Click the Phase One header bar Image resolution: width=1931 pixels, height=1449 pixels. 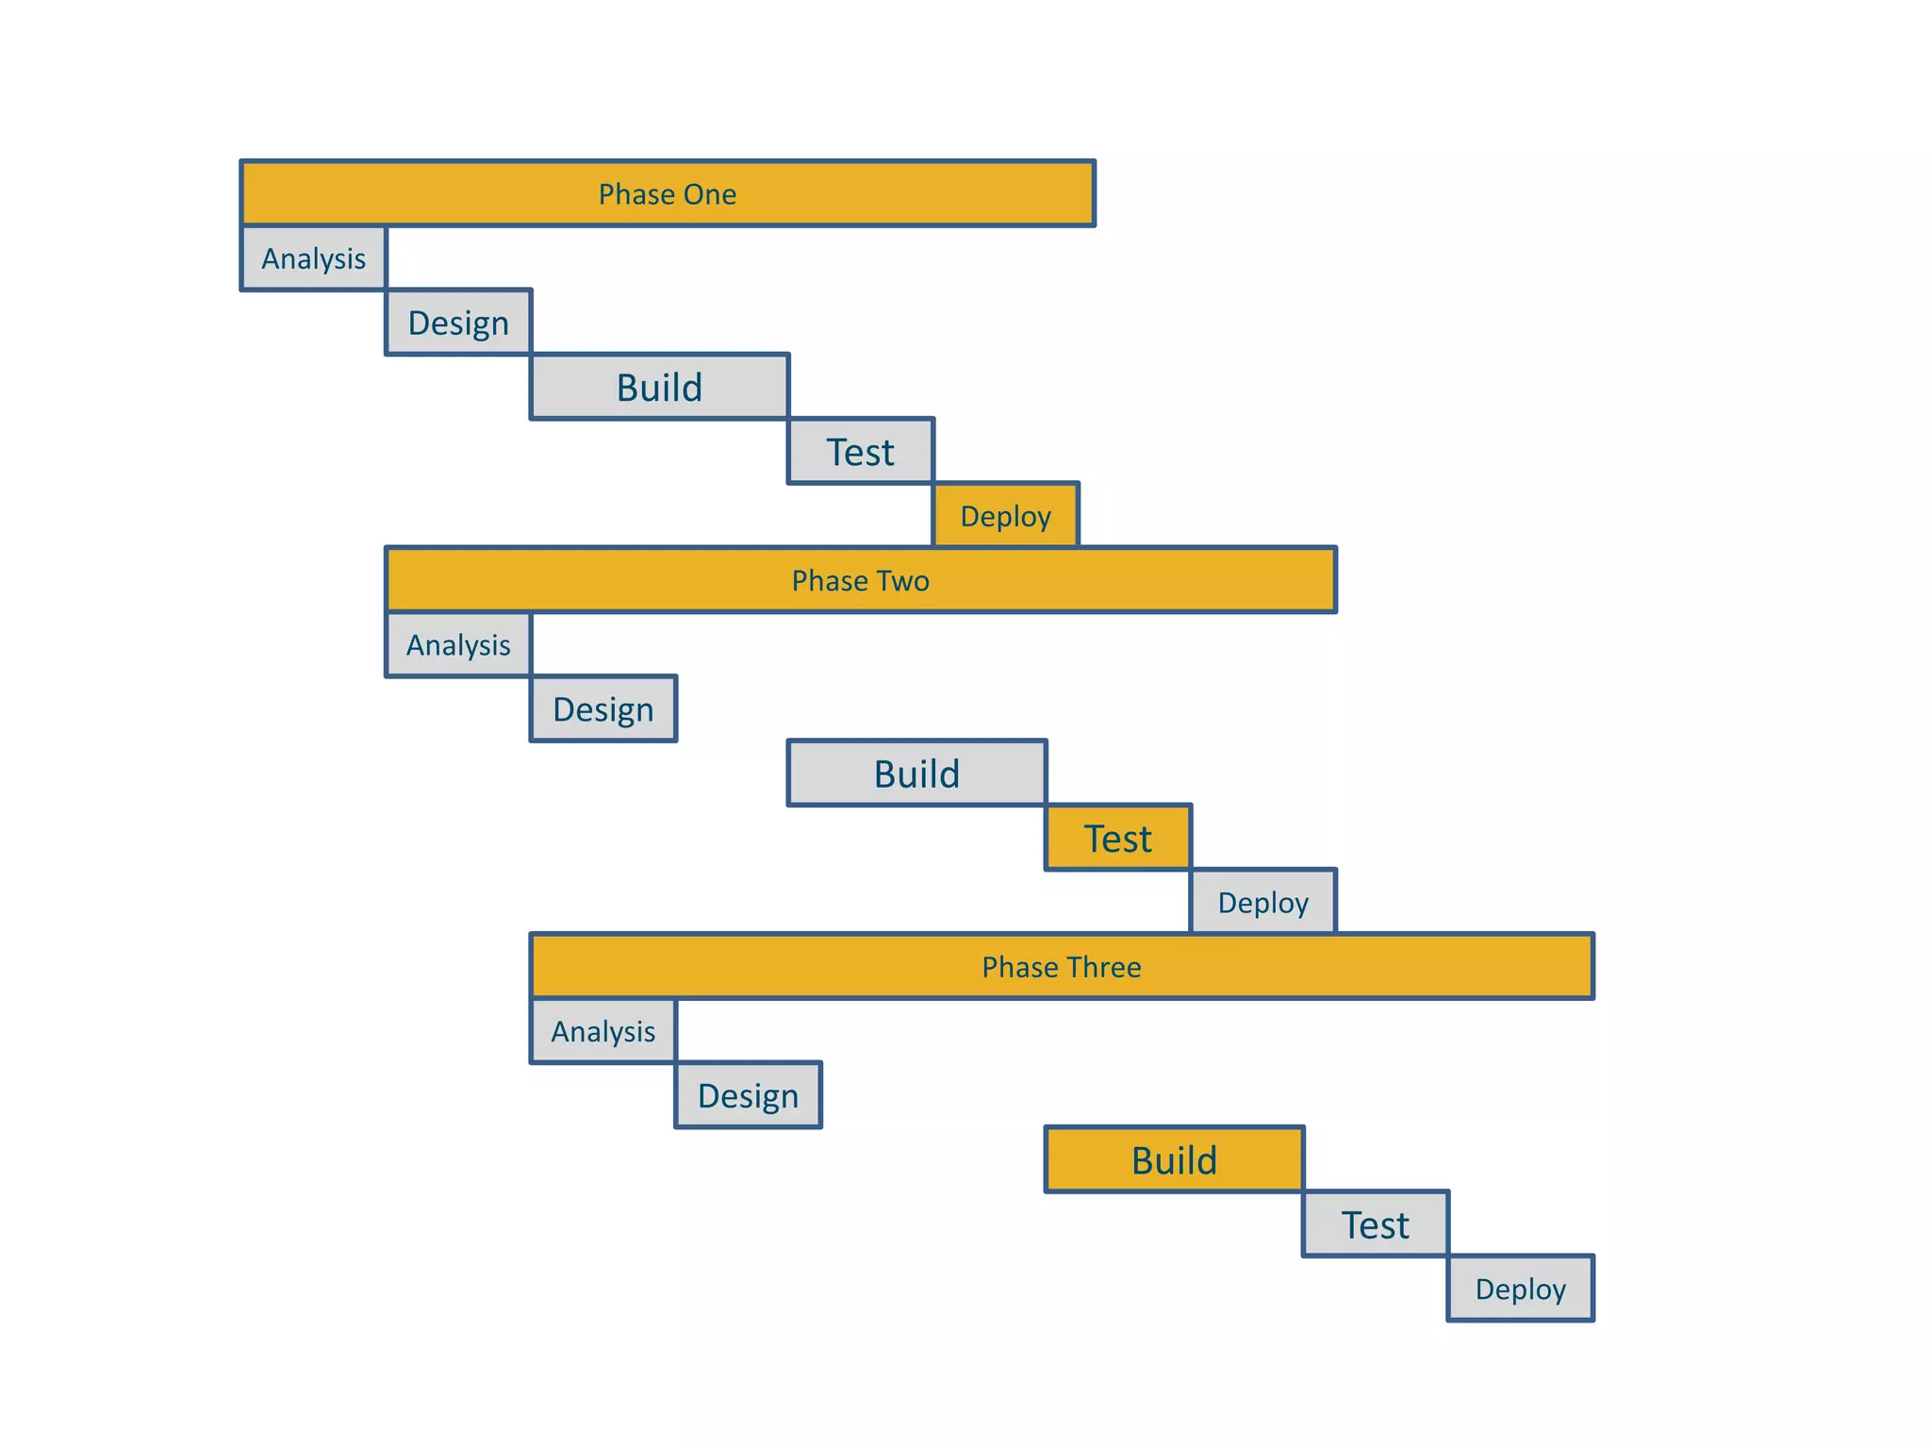pos(668,193)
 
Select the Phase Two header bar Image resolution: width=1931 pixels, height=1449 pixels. pos(860,580)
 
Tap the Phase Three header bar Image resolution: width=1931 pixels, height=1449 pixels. pos(1062,967)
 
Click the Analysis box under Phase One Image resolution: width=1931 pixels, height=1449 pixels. pos(314,258)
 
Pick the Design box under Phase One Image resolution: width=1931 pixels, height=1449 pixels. pos(458,323)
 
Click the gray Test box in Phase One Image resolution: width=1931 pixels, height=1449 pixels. pos(860,452)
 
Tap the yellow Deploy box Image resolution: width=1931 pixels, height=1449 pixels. pos(1005,516)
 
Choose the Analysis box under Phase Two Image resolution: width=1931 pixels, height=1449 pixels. pos(458,645)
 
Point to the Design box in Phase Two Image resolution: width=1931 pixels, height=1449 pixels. pos(603,709)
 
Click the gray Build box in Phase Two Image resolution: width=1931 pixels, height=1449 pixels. pos(916,774)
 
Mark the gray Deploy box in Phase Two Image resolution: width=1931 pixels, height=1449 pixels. pos(1263,903)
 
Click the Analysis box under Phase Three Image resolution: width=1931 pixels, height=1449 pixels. pos(603,1031)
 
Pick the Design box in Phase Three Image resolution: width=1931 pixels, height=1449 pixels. pos(748,1095)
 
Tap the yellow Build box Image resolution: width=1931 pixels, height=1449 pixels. pos(1174,1160)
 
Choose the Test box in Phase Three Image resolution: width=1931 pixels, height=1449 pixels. pos(1375,1224)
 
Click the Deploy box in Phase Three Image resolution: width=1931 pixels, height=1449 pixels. pos(1520,1289)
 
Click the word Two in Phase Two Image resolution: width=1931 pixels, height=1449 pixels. pos(902,580)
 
